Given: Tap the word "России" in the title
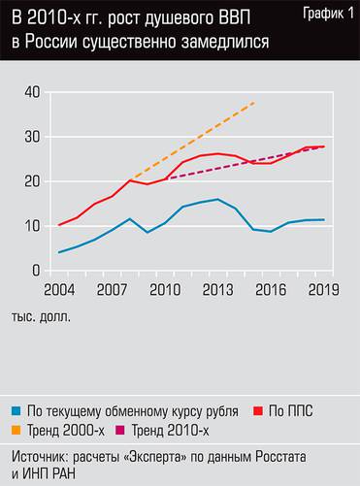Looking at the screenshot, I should (62, 46).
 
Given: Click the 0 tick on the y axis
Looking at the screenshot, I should (34, 271).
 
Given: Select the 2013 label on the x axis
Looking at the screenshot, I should (217, 289).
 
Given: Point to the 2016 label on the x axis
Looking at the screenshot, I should (270, 289).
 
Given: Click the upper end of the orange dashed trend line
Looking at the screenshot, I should (254, 102).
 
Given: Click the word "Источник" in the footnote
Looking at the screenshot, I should (42, 453).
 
